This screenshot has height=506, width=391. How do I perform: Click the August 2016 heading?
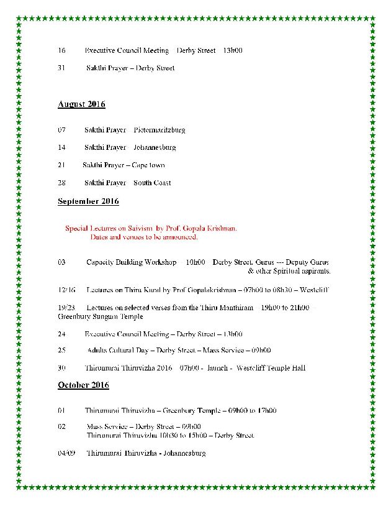tap(81, 104)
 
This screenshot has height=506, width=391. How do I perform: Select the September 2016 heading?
tap(88, 201)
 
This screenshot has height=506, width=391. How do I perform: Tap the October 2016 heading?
tap(83, 385)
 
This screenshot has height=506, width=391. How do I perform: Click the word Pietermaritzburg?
tap(159, 131)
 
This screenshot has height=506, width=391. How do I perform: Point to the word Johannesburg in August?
tap(155, 148)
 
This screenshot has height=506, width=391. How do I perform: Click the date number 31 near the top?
tap(61, 68)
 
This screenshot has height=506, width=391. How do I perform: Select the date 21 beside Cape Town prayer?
tap(61, 165)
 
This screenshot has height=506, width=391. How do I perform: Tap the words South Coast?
tap(152, 183)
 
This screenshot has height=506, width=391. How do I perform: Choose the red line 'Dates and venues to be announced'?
tap(144, 237)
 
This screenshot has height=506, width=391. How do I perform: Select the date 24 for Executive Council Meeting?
tap(61, 334)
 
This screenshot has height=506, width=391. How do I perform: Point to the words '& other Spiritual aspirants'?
tap(289, 272)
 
